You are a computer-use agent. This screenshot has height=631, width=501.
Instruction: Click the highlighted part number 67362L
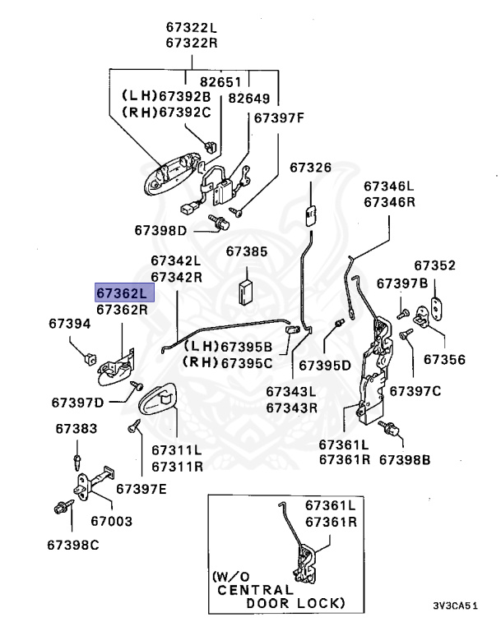click(x=121, y=292)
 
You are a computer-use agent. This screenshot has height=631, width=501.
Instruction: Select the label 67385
click(x=247, y=251)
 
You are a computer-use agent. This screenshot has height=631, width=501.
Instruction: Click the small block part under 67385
click(x=247, y=290)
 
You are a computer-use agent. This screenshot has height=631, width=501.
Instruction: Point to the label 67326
click(x=310, y=168)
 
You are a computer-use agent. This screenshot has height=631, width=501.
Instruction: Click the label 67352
click(x=434, y=265)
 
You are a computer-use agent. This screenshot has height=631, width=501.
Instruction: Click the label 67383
click(x=77, y=429)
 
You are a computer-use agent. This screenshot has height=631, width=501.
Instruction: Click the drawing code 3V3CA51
click(x=455, y=606)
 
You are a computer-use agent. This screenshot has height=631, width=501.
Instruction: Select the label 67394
click(x=70, y=325)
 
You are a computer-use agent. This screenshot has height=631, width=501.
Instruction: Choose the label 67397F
click(x=279, y=117)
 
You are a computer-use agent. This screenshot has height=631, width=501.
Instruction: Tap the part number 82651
click(x=222, y=83)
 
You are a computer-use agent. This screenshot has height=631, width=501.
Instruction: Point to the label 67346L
click(x=389, y=187)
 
